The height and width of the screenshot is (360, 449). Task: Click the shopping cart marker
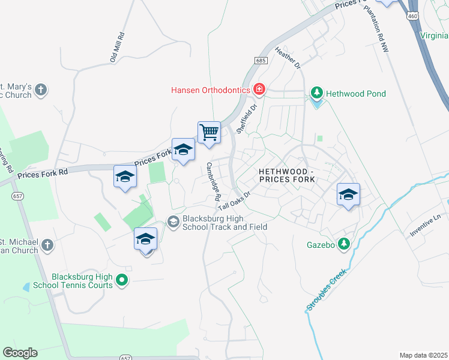pos(209,132)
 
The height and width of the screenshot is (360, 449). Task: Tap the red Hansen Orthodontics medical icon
pos(259,90)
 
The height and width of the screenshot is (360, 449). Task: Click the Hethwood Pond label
pos(355,94)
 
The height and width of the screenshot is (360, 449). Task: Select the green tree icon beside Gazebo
pos(344,244)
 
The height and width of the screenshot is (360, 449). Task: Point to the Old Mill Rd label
pos(117,47)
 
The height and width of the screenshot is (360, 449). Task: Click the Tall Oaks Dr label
pos(234,200)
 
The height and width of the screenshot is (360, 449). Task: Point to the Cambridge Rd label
pos(214,182)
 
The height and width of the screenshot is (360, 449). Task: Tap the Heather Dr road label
pos(288,58)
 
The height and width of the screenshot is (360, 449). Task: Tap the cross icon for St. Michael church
pos(47,245)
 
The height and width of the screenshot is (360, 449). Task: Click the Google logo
pos(20,353)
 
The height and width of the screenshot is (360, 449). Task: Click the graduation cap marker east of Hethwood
pos(348,194)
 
